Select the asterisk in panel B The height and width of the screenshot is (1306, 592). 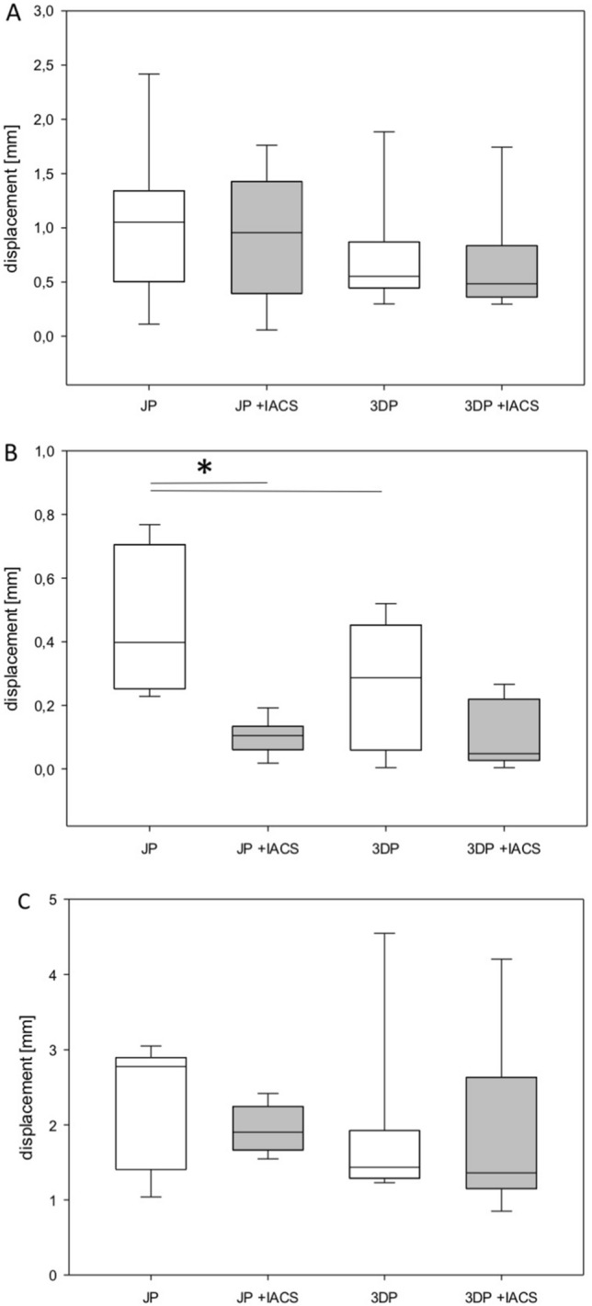click(x=205, y=467)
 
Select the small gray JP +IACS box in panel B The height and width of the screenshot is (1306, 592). click(x=269, y=738)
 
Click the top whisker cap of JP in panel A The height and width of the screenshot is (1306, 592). click(x=149, y=74)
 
